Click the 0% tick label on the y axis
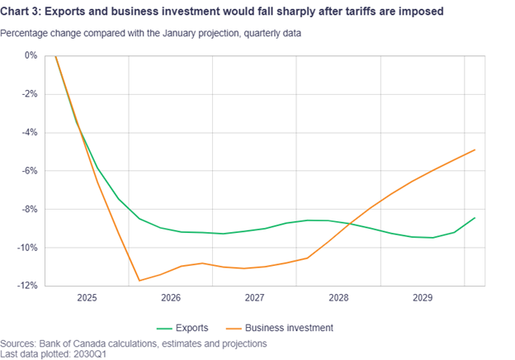click(31, 55)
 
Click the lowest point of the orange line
click(139, 281)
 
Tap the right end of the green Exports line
click(475, 218)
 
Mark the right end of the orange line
click(475, 149)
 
